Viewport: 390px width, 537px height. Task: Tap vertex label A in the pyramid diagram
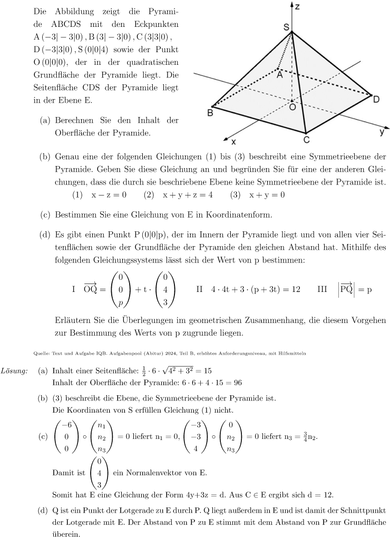click(279, 75)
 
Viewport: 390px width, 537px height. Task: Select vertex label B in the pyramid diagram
click(210, 113)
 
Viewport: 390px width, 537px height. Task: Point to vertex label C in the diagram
click(306, 140)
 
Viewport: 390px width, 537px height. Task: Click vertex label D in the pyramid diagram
click(376, 99)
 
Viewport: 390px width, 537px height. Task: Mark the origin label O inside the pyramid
click(292, 106)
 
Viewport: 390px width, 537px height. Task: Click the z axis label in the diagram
click(297, 6)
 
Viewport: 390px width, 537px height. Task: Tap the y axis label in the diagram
click(382, 132)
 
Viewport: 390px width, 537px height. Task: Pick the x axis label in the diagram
click(233, 141)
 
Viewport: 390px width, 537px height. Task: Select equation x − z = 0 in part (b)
click(109, 194)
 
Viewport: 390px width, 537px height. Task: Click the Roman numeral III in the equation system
click(322, 289)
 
